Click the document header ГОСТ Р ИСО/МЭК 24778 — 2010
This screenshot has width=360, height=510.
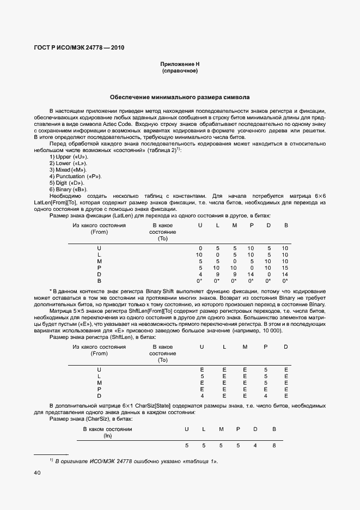coord(80,47)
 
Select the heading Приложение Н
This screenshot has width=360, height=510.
coord(180,64)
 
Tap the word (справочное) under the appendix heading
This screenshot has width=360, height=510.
coord(180,71)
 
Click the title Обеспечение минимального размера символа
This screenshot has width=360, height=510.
coord(180,98)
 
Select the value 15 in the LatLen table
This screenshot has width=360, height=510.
coord(285,268)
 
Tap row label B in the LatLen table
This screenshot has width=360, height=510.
coord(99,281)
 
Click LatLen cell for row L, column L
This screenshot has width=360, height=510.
coord(217,254)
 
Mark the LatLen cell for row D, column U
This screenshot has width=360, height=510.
coord(200,274)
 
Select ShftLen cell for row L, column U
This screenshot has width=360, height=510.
coord(202,376)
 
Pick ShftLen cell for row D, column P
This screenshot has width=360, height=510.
coord(265,396)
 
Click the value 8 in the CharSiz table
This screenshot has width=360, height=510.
coord(274,446)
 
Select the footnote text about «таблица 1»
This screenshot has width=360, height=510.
coord(136,461)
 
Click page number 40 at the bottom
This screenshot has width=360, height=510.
coord(37,473)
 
